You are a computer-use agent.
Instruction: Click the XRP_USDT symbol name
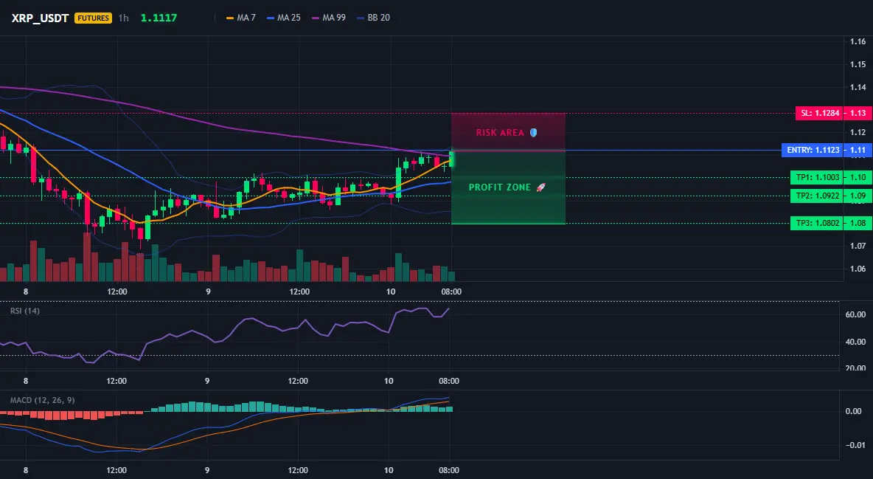pyautogui.click(x=40, y=18)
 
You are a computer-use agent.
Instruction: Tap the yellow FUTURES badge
pyautogui.click(x=93, y=18)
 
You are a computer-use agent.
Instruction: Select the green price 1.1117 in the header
pyautogui.click(x=159, y=18)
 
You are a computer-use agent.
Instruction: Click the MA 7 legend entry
pyautogui.click(x=240, y=18)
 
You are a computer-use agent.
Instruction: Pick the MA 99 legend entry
pyautogui.click(x=329, y=18)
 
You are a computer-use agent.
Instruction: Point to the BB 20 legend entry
pyautogui.click(x=373, y=18)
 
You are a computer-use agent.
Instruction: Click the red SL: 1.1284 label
pyautogui.click(x=819, y=113)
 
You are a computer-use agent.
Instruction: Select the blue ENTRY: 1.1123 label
pyautogui.click(x=813, y=150)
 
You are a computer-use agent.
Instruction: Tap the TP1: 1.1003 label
pyautogui.click(x=817, y=177)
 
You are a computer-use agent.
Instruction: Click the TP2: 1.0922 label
pyautogui.click(x=817, y=196)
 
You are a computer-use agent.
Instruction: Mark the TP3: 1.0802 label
pyautogui.click(x=817, y=223)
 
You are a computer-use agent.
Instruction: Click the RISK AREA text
pyautogui.click(x=500, y=133)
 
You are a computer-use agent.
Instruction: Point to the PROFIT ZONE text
pyautogui.click(x=499, y=187)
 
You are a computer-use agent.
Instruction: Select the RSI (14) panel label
pyautogui.click(x=25, y=311)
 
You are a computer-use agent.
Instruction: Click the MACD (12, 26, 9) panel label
pyautogui.click(x=42, y=400)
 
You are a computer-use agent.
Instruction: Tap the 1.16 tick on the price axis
pyautogui.click(x=858, y=41)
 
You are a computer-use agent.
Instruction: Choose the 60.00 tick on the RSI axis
pyautogui.click(x=856, y=314)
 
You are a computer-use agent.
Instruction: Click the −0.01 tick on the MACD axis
pyautogui.click(x=855, y=445)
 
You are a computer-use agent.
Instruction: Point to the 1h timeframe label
pyautogui.click(x=124, y=18)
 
